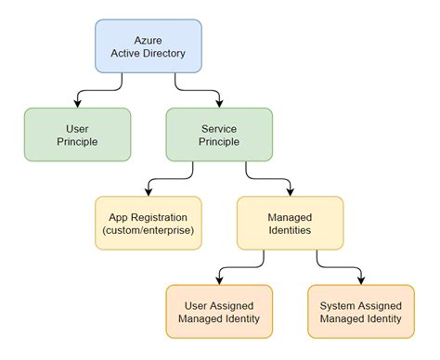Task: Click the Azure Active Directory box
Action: point(149,45)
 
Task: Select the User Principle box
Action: point(77,135)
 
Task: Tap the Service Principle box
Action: point(219,135)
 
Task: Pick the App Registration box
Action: point(148,223)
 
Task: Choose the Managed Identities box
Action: point(290,223)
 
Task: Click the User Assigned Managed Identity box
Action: point(218,311)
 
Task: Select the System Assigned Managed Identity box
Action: point(360,311)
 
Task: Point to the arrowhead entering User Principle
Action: point(77,103)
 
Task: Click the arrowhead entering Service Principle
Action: point(219,103)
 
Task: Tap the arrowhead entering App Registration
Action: point(148,191)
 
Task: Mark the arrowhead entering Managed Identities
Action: point(290,191)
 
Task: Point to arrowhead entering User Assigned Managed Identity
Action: point(218,279)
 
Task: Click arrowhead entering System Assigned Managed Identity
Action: point(360,279)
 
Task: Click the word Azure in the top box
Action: point(149,38)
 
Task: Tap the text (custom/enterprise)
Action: point(148,230)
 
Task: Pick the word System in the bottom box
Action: point(338,303)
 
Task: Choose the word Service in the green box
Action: point(219,127)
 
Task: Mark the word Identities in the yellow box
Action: point(290,230)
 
